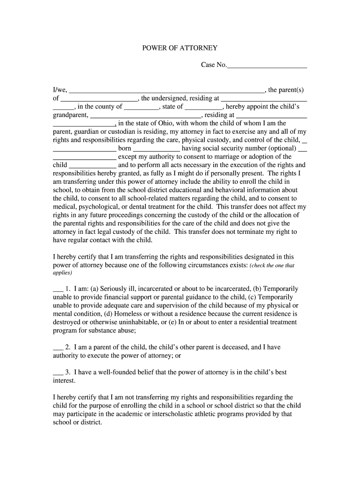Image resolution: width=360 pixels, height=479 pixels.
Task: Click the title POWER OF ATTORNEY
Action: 180,48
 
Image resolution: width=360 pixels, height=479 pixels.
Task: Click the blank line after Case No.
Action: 266,65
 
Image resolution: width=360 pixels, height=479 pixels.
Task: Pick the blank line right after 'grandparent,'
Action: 145,116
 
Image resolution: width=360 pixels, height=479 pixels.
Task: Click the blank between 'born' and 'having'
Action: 157,149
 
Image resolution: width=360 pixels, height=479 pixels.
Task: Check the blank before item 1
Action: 58,289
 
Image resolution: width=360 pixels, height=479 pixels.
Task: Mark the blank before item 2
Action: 58,348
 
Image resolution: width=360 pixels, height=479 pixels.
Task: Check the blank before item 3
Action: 58,373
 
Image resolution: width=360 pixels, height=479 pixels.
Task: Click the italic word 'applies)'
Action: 62,273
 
